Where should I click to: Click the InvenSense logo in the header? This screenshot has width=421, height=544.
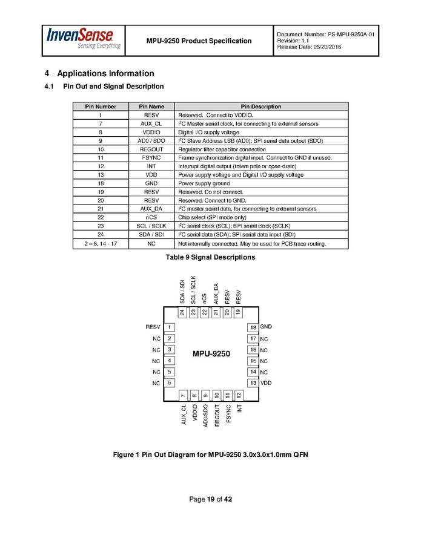click(x=84, y=39)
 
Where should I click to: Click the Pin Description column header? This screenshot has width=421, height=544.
click(x=261, y=107)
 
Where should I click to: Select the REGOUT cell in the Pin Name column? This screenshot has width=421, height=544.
click(x=151, y=149)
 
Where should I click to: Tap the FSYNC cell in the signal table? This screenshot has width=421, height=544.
click(x=151, y=157)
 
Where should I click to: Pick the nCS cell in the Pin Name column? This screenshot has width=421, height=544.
click(x=151, y=217)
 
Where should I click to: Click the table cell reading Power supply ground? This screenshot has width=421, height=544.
click(x=204, y=183)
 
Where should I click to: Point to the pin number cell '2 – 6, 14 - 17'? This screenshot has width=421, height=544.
click(x=101, y=243)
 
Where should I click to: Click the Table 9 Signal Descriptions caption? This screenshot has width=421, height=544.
click(x=210, y=257)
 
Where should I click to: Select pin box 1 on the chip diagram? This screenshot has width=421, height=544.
click(x=170, y=327)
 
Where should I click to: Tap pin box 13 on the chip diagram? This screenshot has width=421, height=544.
click(x=253, y=383)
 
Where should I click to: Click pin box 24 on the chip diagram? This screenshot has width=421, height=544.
click(x=182, y=313)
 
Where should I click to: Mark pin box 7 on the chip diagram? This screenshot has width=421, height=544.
click(x=184, y=395)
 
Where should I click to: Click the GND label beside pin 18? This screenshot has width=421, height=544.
click(x=266, y=327)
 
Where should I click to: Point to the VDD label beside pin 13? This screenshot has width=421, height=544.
click(x=266, y=382)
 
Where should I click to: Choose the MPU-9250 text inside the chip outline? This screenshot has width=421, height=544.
click(x=211, y=353)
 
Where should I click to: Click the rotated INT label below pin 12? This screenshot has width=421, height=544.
click(x=239, y=408)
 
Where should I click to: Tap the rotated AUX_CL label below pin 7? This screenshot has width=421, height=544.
click(x=184, y=415)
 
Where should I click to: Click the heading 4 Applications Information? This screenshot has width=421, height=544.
click(x=99, y=74)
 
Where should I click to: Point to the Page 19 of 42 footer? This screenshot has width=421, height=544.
click(x=211, y=499)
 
